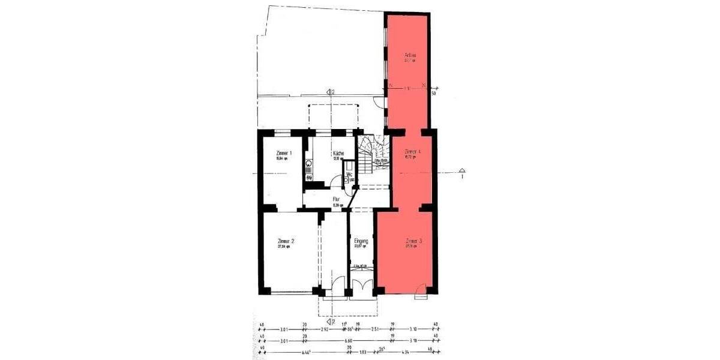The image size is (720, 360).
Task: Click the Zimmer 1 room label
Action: click(x=284, y=153)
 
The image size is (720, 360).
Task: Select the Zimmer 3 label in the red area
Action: click(x=413, y=241)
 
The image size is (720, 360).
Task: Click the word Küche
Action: click(x=338, y=154)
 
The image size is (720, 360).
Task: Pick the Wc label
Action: click(x=349, y=175)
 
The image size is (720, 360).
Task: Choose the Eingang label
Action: click(x=361, y=241)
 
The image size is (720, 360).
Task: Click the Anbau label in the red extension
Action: click(x=410, y=56)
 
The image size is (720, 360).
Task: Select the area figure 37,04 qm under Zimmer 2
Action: click(x=284, y=247)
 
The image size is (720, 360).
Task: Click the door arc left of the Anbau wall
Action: click(x=379, y=101)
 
